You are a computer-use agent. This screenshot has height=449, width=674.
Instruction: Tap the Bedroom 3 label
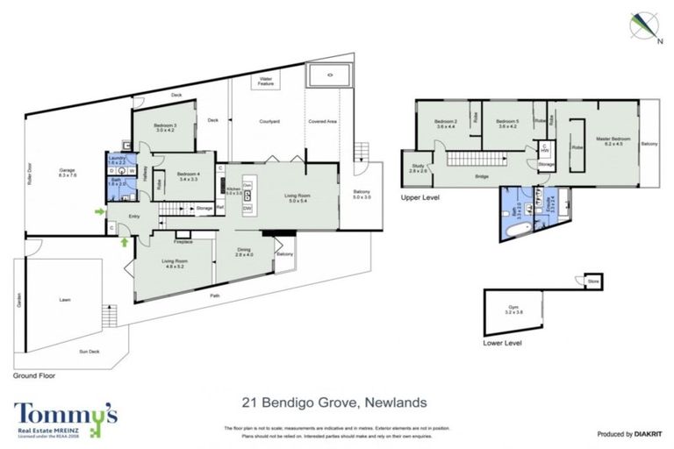[166, 129]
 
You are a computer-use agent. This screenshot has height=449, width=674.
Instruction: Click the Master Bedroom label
[613, 141]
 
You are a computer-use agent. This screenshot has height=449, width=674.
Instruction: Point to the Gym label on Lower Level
[514, 308]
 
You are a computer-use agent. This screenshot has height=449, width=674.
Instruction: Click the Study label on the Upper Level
[417, 168]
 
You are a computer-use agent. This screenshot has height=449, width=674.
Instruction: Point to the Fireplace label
[183, 242]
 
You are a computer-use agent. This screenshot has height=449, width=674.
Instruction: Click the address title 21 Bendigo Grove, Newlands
[334, 403]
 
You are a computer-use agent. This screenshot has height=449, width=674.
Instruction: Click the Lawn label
[64, 300]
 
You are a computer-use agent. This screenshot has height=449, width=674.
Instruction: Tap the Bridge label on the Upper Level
[482, 178]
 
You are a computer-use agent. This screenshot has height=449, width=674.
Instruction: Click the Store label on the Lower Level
[593, 282]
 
